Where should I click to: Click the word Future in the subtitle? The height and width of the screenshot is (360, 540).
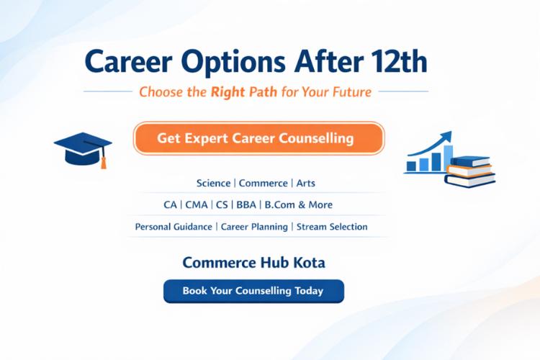tap(349, 91)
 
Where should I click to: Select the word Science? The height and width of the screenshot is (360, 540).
tap(213, 184)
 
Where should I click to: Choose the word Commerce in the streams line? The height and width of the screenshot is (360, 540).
tap(263, 184)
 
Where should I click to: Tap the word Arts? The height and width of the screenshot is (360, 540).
tap(306, 184)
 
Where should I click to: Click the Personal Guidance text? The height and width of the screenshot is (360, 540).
tap(174, 227)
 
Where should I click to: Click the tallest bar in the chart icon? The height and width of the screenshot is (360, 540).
tap(448, 158)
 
